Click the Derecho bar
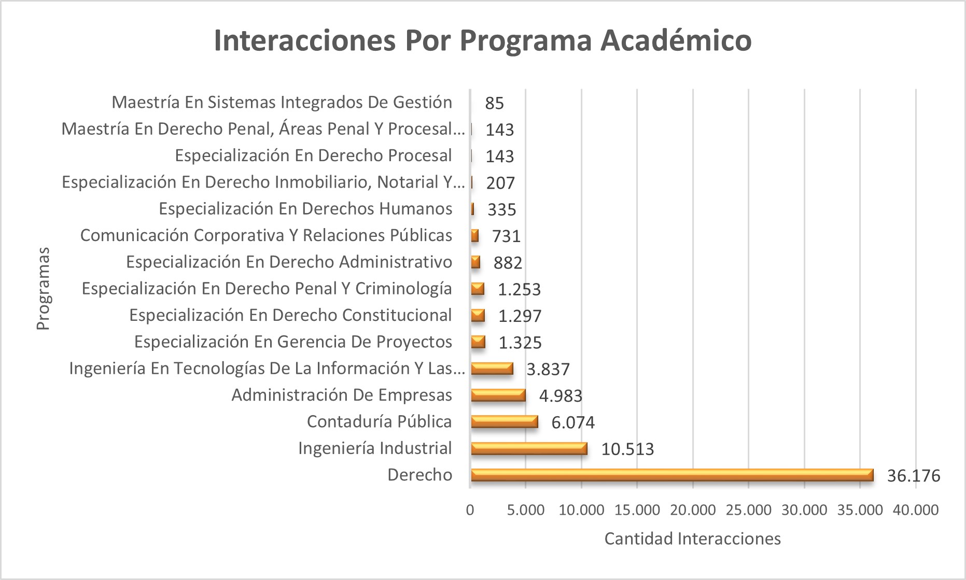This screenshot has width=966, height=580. [x=671, y=475]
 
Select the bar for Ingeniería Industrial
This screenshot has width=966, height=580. [x=529, y=448]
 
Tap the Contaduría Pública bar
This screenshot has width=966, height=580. [x=504, y=422]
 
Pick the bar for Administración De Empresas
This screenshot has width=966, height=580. [x=498, y=395]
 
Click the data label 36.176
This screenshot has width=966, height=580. [x=913, y=475]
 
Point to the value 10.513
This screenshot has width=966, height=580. [x=627, y=449]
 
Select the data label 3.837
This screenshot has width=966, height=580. [x=548, y=369]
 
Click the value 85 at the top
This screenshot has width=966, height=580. [x=494, y=103]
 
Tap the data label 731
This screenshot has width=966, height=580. [x=506, y=236]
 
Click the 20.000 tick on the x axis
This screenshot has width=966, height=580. [x=693, y=510]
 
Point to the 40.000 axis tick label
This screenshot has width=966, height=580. [x=916, y=510]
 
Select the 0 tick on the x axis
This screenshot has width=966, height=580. [x=470, y=510]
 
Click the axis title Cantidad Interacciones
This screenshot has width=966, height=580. [x=692, y=539]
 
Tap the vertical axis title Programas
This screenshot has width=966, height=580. [x=43, y=288]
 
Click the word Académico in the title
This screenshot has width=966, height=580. [x=676, y=40]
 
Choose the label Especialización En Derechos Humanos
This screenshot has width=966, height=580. [x=305, y=209]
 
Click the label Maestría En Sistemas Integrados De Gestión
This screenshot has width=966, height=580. [x=282, y=102]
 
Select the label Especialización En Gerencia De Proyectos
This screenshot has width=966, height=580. [x=293, y=342]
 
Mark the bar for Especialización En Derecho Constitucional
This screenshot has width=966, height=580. [x=478, y=316]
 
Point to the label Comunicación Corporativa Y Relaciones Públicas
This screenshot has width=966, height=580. [x=266, y=235]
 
